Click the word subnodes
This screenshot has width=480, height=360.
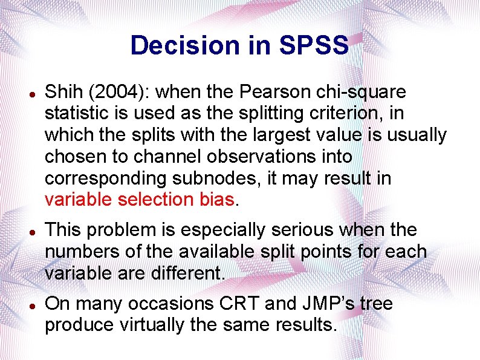click(207, 178)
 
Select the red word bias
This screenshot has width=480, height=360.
click(215, 200)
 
